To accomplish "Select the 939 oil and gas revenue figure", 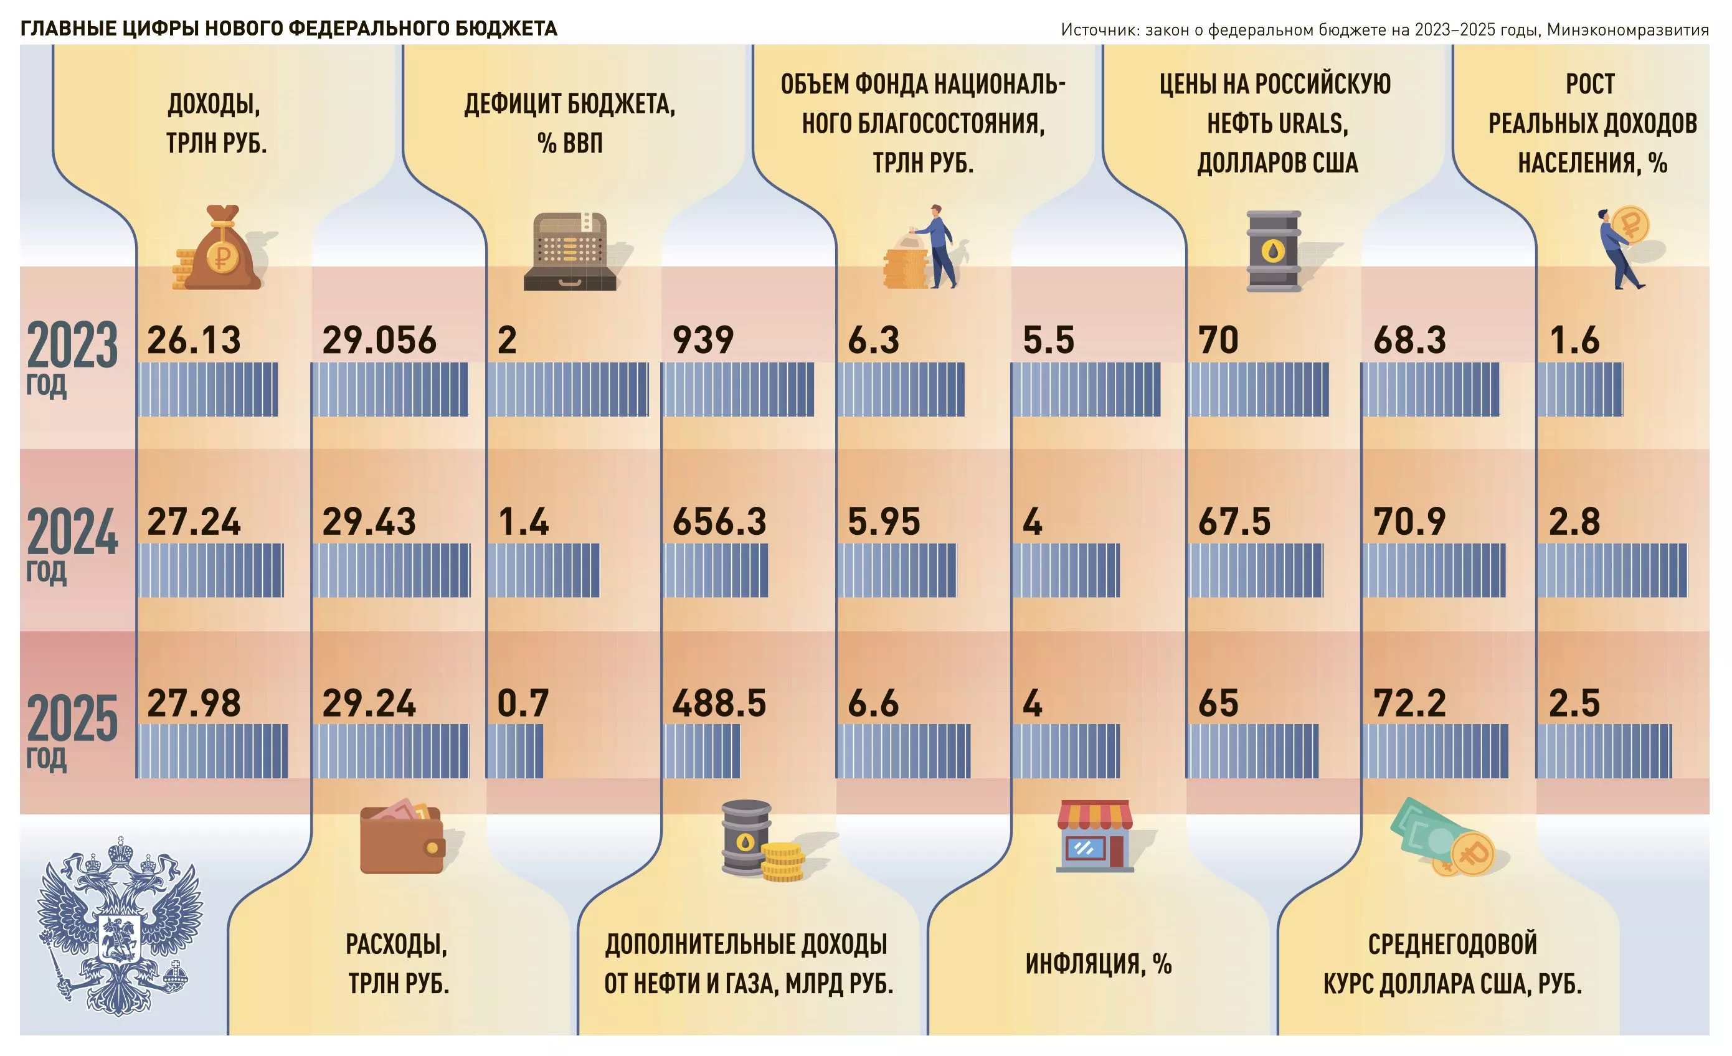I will point(703,340).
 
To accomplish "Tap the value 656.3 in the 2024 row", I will point(718,521).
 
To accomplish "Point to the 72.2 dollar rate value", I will point(1409,702).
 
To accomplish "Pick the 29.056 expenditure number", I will point(379,340).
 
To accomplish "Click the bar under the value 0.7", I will point(514,750).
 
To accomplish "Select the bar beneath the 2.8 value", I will point(1611,570).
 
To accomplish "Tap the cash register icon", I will point(570,252).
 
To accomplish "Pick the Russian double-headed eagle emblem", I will point(120,925).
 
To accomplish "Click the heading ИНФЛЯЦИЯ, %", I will point(1098,963).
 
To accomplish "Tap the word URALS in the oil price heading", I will point(1310,124).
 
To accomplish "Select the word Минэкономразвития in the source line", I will point(1627,29).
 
